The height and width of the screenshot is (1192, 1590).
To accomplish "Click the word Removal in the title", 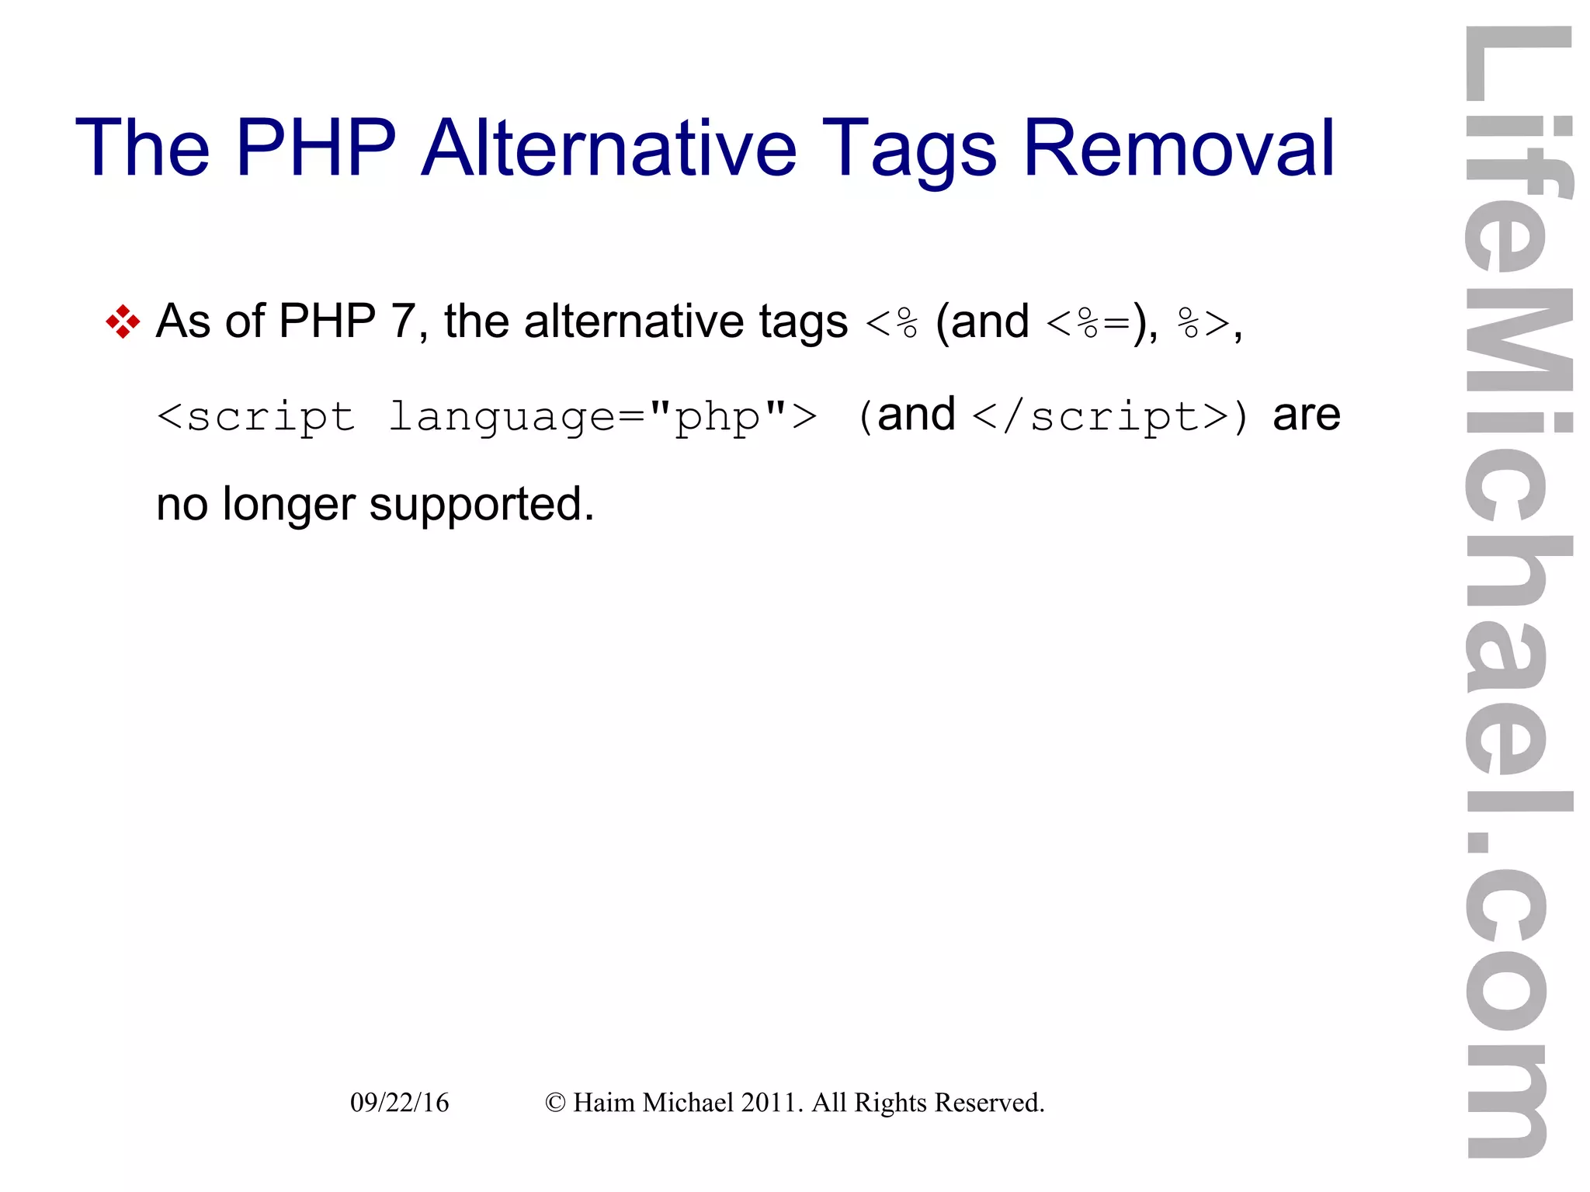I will [1179, 148].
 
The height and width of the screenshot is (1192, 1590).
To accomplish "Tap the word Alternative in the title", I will [609, 148].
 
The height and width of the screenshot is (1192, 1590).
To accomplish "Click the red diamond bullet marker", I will [123, 321].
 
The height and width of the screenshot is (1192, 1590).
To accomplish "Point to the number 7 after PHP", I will [403, 321].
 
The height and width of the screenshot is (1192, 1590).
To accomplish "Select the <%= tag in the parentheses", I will [1088, 321].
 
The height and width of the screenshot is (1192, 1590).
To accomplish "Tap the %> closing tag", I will [1203, 321].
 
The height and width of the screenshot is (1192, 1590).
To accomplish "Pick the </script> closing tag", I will [1100, 417].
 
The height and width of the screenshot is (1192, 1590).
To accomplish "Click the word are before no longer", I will [1306, 415].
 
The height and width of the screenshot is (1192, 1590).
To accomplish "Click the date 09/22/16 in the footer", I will [399, 1103].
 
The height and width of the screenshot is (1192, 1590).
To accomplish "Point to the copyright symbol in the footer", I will [555, 1103].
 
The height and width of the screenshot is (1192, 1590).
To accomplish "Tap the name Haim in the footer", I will [604, 1103].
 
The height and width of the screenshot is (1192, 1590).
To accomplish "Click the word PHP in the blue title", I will [315, 148].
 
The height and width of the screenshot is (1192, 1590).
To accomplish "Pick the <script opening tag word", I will [256, 417].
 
